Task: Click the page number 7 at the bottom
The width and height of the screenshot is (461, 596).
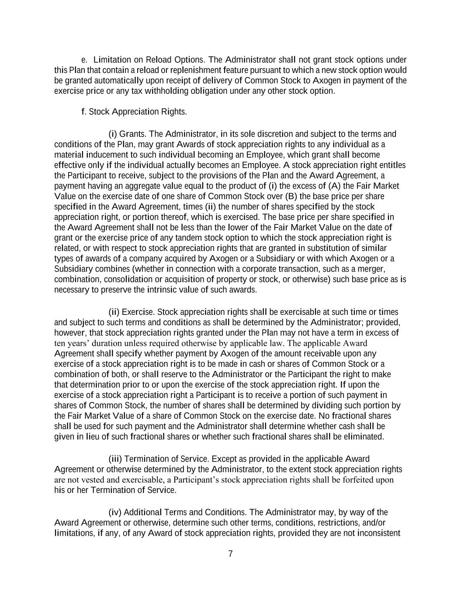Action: coord(231,554)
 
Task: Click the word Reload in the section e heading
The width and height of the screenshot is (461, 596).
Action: coord(159,60)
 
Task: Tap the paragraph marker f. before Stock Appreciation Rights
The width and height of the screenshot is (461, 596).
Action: coord(84,112)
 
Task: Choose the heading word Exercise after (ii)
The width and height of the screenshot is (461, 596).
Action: coord(138,312)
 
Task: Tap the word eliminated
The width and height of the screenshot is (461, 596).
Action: coord(364,437)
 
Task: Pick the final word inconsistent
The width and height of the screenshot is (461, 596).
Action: coord(379,533)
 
